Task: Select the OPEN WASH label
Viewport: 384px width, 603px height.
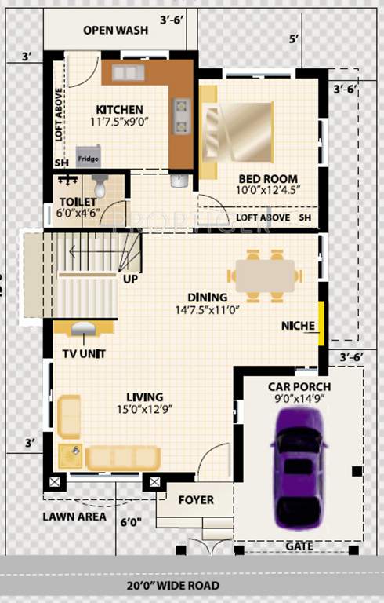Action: pyautogui.click(x=116, y=31)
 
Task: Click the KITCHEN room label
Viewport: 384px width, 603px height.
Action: pyautogui.click(x=119, y=109)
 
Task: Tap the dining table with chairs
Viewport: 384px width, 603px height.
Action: pyautogui.click(x=265, y=276)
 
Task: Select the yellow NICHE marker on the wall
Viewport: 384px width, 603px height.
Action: pyautogui.click(x=321, y=323)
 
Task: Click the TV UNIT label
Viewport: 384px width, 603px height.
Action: pyautogui.click(x=84, y=353)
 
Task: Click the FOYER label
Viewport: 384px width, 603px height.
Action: pyautogui.click(x=196, y=499)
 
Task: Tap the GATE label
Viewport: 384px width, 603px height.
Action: pyautogui.click(x=299, y=546)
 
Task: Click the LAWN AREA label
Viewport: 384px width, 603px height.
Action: pyautogui.click(x=74, y=517)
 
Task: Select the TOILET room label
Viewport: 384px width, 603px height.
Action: pyautogui.click(x=77, y=202)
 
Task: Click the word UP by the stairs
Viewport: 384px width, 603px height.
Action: pyautogui.click(x=130, y=278)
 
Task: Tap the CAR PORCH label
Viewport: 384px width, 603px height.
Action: pyautogui.click(x=299, y=386)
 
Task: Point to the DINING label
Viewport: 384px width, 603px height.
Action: pyautogui.click(x=208, y=298)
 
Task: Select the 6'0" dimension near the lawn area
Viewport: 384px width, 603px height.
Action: pyautogui.click(x=132, y=521)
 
